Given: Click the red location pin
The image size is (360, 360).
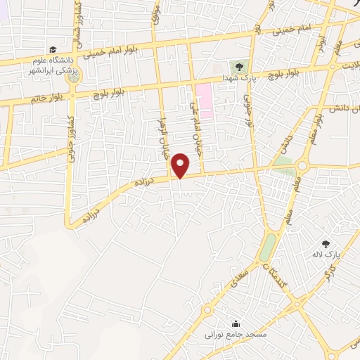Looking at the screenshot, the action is (x=181, y=165).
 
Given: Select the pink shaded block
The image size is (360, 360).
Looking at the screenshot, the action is (x=205, y=101).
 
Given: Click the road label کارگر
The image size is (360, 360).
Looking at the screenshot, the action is (x=328, y=274).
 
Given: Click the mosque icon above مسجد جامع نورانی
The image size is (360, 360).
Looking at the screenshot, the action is (x=234, y=323).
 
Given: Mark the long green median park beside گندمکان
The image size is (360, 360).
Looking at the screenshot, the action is (x=268, y=247).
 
